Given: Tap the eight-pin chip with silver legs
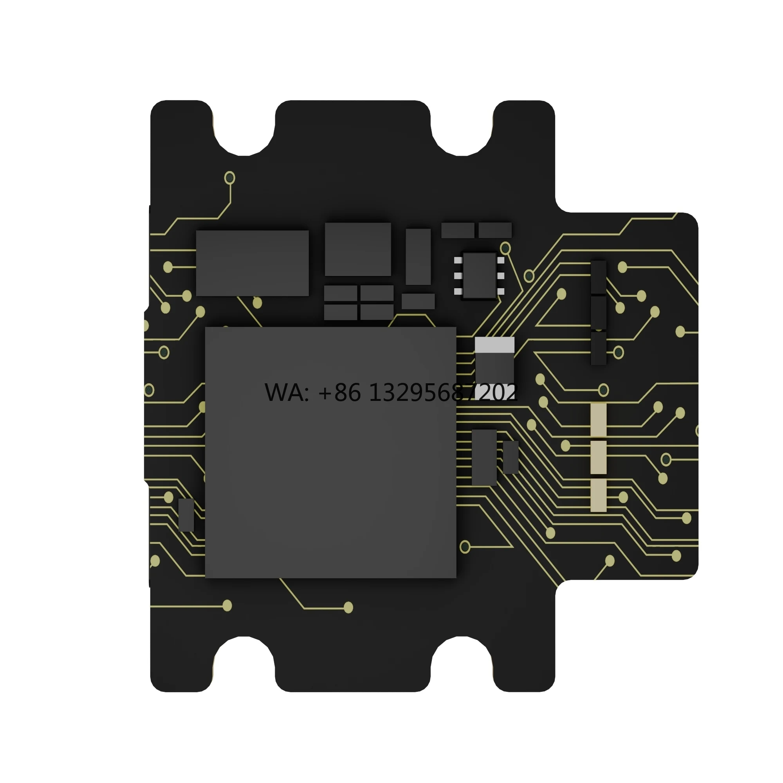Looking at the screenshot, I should point(479,276).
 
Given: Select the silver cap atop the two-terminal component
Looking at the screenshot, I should point(494,345).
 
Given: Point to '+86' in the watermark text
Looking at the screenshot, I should point(339,393).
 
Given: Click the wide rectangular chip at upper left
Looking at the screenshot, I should point(252,263).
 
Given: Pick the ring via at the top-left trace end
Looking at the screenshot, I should point(230,177).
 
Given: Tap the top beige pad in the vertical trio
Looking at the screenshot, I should point(598,420).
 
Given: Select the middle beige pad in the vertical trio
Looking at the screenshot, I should point(598,457).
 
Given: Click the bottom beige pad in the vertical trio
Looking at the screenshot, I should point(598,495).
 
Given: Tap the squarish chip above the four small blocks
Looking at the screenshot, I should point(357,249).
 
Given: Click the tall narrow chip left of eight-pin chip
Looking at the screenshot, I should point(418,256).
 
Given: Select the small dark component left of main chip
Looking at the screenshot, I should point(186,515).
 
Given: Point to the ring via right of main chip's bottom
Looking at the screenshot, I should point(465,547).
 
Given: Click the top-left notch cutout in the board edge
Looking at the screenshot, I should point(243,130).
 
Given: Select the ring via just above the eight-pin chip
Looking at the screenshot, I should point(505,248).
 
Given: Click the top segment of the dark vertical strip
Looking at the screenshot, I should point(598,277).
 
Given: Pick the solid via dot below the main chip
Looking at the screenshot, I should point(348,607).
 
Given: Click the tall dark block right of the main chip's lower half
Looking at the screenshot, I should point(484,457).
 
